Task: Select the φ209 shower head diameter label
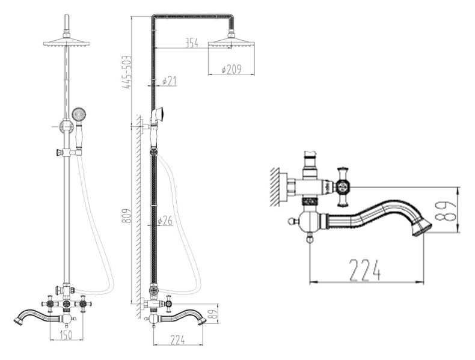[x=231, y=70]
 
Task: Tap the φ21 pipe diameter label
[x=170, y=81]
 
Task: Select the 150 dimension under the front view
[x=66, y=335]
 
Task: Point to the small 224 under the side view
[x=177, y=340]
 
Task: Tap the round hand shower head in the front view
[x=78, y=114]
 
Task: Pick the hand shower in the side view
[x=159, y=114]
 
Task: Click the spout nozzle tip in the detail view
[x=423, y=227]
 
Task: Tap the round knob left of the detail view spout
[x=295, y=221]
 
